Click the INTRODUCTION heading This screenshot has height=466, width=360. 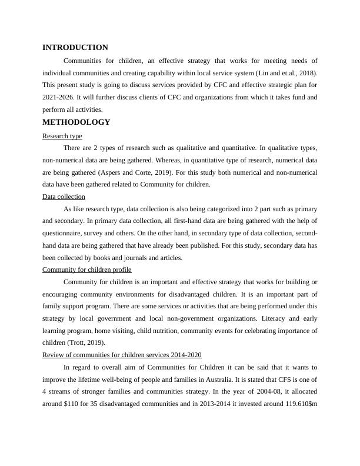(75, 48)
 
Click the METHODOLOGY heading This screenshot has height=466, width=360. (76, 122)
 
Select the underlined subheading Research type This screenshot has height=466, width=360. (62, 136)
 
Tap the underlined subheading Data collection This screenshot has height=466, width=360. (64, 197)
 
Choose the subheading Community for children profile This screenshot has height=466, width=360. (87, 269)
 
